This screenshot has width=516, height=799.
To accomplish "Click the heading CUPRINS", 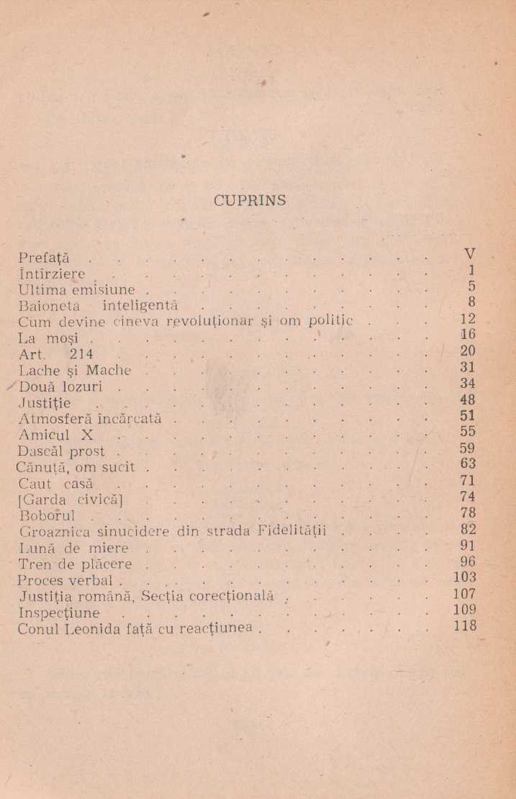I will (x=250, y=201).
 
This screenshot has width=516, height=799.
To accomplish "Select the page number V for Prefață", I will (x=471, y=254).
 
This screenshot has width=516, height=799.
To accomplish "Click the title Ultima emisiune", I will (x=76, y=290).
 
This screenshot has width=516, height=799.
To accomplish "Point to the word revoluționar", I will (x=216, y=320).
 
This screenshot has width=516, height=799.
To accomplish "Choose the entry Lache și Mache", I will (x=75, y=370).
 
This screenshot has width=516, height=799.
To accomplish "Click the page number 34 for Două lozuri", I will (x=468, y=384).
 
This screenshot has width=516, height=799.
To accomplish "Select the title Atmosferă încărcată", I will (x=90, y=418).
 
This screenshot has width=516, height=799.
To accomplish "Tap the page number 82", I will (x=468, y=529).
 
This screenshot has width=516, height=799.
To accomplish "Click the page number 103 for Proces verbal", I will (x=465, y=577).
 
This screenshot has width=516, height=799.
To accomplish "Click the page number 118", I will (x=465, y=626).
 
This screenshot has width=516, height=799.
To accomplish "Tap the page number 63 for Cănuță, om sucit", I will (x=468, y=464).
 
